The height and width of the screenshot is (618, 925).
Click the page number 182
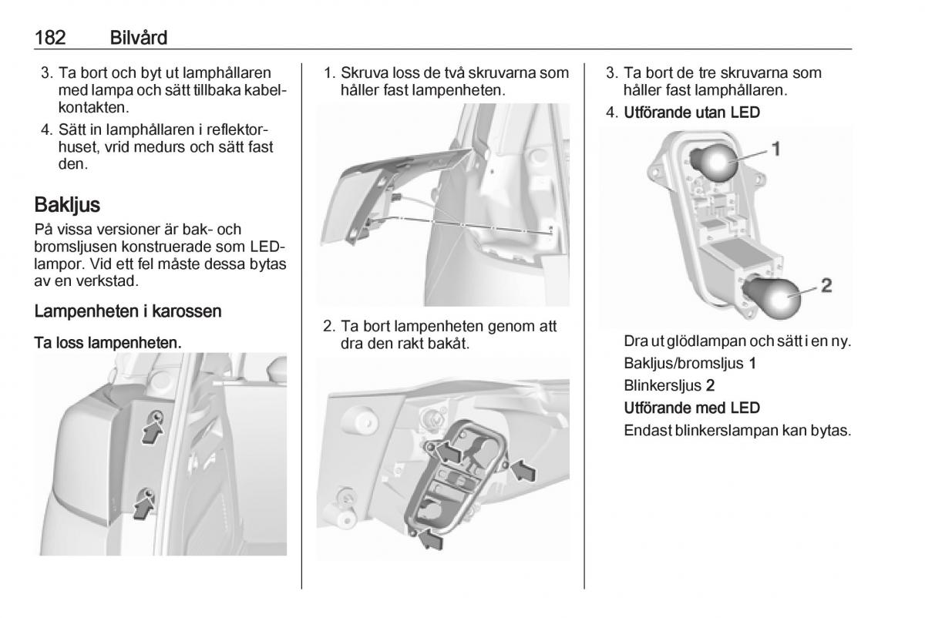click(51, 37)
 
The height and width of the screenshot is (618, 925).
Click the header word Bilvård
click(139, 37)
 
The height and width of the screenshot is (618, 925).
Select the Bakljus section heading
click(68, 206)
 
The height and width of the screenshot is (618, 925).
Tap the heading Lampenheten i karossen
click(128, 311)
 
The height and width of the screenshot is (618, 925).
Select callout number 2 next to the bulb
click(826, 286)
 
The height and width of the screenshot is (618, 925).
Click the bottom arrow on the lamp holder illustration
click(430, 541)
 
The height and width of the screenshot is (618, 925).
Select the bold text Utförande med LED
click(691, 407)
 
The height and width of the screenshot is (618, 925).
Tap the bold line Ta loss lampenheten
click(108, 341)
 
